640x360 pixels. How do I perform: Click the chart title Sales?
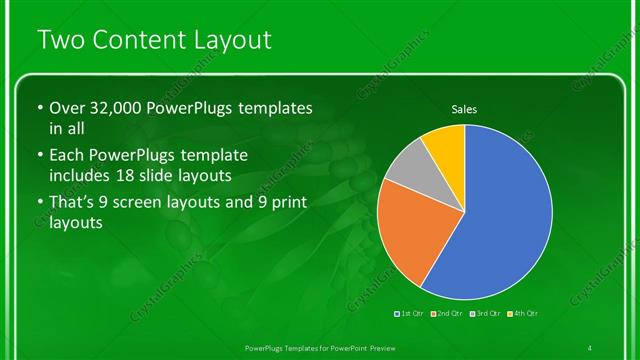tap(463, 108)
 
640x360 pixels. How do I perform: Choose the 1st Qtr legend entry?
tap(410, 314)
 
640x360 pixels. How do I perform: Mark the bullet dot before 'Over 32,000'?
tap(39, 108)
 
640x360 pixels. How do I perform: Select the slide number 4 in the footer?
tap(591, 346)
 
